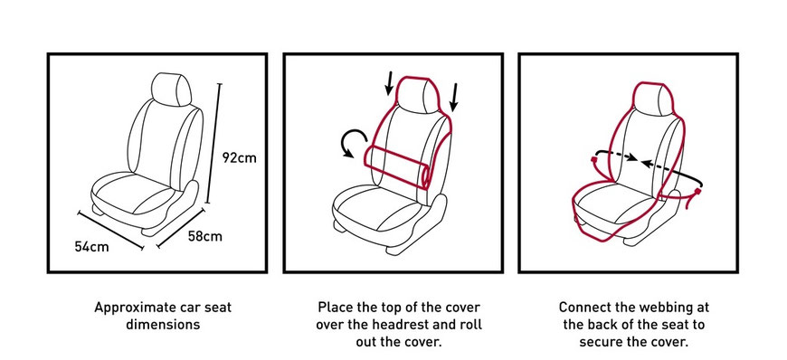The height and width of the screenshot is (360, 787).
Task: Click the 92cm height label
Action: pyautogui.click(x=239, y=157)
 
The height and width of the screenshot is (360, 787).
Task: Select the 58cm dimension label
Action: pyautogui.click(x=204, y=237)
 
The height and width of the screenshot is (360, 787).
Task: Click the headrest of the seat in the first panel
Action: pyautogui.click(x=172, y=88)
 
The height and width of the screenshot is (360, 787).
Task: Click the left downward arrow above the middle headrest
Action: pyautogui.click(x=389, y=83)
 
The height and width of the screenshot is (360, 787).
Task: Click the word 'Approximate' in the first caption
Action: pyautogui.click(x=131, y=307)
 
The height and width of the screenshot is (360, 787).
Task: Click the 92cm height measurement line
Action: pyautogui.click(x=213, y=140)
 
